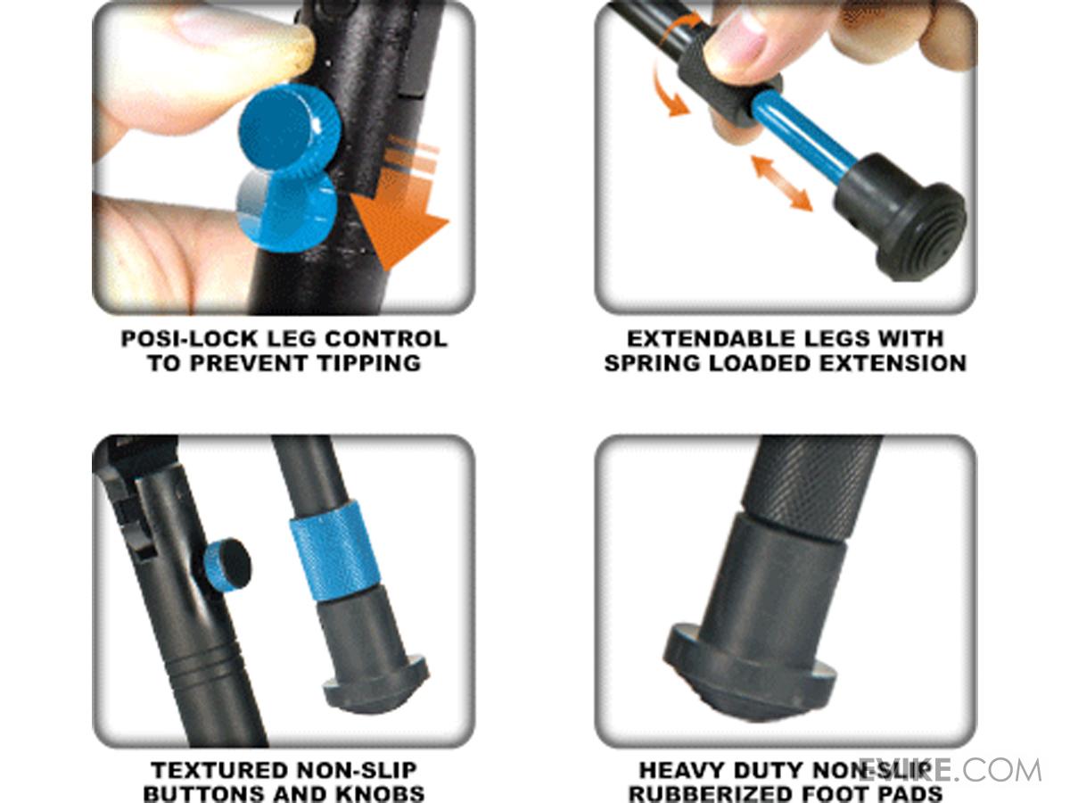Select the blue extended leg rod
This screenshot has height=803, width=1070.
(x=803, y=137)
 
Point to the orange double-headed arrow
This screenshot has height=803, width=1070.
(x=782, y=183)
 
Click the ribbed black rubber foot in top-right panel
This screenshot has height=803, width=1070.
(x=901, y=218)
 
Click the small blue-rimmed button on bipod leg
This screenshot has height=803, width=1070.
(x=227, y=566)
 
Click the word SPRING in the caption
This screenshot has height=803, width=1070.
(x=652, y=364)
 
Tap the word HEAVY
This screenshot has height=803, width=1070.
(x=681, y=771)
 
